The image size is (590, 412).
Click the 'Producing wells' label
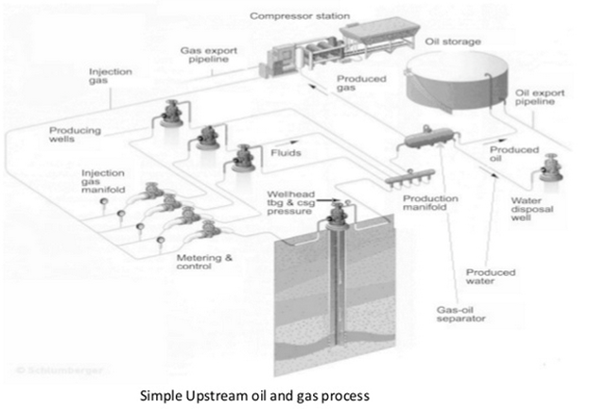(77, 136)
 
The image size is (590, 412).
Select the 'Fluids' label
(286, 153)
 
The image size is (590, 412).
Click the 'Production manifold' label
(430, 205)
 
